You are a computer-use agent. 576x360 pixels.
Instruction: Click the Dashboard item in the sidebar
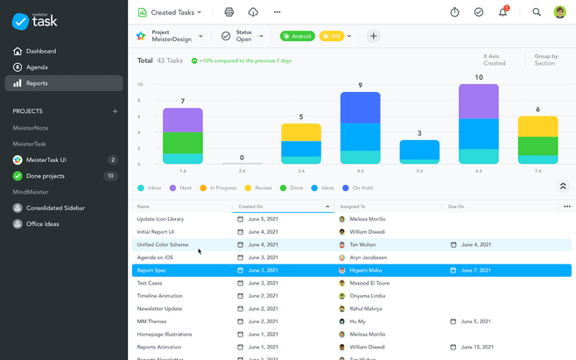tap(40, 51)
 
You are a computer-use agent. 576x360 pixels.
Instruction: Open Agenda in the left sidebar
tap(37, 67)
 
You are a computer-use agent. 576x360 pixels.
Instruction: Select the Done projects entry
tap(45, 176)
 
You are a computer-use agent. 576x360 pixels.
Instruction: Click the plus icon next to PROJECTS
tap(115, 111)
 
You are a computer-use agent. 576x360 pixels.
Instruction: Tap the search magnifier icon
tap(537, 12)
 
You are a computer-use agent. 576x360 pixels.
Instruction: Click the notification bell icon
tap(503, 12)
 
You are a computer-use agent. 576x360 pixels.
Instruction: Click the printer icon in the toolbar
tap(229, 12)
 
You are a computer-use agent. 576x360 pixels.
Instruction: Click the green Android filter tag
tap(297, 36)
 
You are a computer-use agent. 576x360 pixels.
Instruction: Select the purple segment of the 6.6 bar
tap(479, 102)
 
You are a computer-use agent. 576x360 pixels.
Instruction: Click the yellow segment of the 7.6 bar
tap(537, 125)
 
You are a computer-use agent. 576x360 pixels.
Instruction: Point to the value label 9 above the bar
tap(360, 85)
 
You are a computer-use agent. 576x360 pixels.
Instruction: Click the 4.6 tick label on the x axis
tap(360, 171)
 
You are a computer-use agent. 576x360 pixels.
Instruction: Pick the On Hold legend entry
tap(362, 187)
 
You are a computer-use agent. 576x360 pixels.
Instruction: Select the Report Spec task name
tap(151, 271)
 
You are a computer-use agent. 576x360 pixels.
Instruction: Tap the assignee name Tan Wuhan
tap(362, 244)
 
